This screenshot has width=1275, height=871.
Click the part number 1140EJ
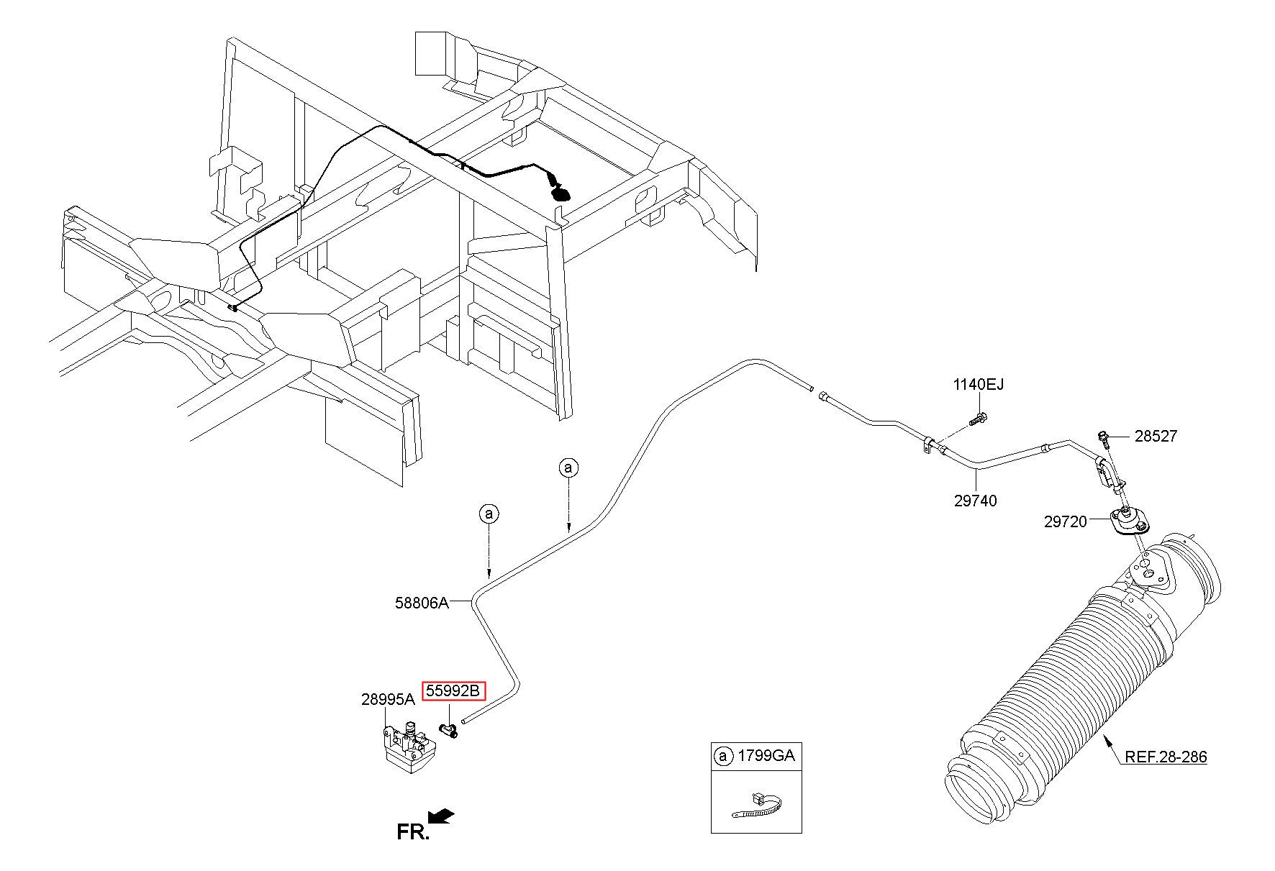click(978, 385)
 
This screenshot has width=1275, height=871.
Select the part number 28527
click(1156, 436)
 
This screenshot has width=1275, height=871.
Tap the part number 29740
click(976, 501)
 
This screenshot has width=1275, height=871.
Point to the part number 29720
click(1065, 521)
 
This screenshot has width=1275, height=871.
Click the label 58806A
click(422, 603)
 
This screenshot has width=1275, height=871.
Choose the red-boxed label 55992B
click(453, 691)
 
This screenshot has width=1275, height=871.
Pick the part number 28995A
click(388, 699)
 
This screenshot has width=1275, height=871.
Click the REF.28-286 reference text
click(1166, 757)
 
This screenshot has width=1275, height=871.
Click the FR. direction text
click(413, 832)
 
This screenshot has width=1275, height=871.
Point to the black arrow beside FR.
click(440, 816)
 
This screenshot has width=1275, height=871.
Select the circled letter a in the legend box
click(722, 756)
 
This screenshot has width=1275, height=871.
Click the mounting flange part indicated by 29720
click(1127, 524)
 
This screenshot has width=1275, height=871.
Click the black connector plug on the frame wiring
click(561, 193)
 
